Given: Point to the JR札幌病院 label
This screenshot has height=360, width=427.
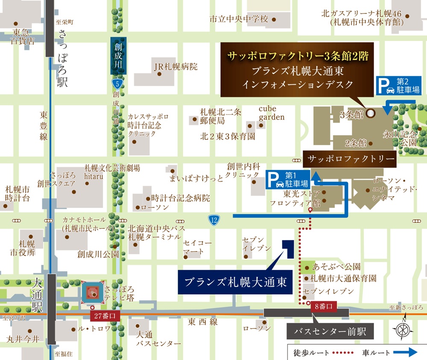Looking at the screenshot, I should (x=175, y=67).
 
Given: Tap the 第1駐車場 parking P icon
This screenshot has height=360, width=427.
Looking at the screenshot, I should (x=276, y=180).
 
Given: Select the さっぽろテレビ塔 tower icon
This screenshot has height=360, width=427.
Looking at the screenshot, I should (x=93, y=293).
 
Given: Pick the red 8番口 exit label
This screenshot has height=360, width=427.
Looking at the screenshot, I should (x=323, y=306).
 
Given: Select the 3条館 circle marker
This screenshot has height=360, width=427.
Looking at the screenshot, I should (x=371, y=113).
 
